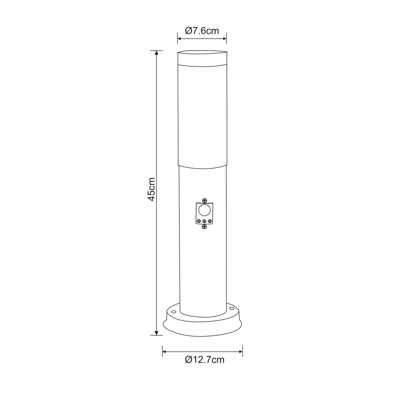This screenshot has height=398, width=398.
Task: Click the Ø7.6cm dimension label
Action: [202, 31]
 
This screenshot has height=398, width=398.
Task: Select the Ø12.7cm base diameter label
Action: [205, 360]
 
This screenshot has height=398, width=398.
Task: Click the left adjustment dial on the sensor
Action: [199, 221]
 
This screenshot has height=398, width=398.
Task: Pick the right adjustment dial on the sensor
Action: [210, 221]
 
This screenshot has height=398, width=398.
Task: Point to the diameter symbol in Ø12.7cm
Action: [188, 360]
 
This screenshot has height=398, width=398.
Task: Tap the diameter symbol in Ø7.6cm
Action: [188, 31]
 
